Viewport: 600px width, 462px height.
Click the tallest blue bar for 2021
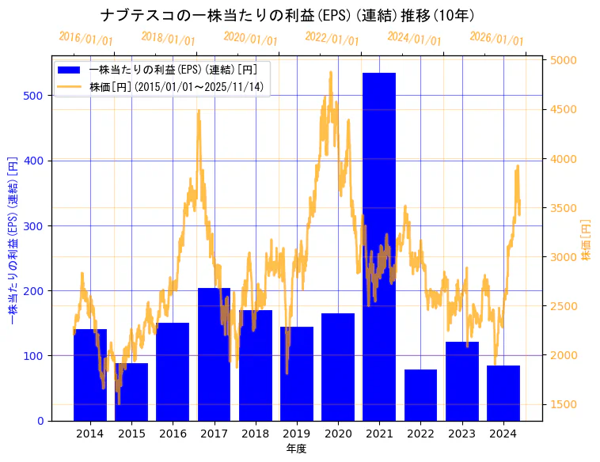(x=379, y=246)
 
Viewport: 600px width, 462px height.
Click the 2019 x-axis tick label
(x=297, y=434)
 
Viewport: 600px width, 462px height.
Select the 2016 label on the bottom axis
(x=173, y=434)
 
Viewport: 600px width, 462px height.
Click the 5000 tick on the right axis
(x=564, y=61)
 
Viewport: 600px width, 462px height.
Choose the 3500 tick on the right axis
(x=564, y=208)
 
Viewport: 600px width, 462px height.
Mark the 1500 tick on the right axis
(x=564, y=404)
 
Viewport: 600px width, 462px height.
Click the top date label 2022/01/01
(x=332, y=38)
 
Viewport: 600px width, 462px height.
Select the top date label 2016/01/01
(x=85, y=38)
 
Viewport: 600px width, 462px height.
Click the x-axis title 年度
(x=296, y=449)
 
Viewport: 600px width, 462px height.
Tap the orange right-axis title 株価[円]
(x=586, y=240)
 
